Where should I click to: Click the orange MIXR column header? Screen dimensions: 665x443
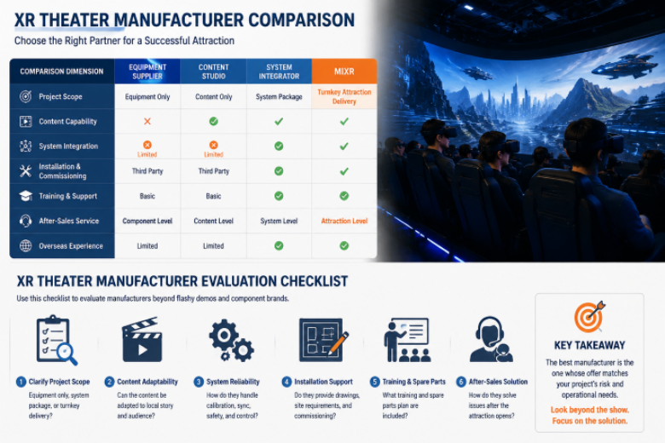click(x=344, y=72)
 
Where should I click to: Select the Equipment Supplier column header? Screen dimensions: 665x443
click(x=147, y=72)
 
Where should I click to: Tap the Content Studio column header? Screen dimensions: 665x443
click(x=213, y=72)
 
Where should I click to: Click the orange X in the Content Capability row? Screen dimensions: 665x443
click(x=147, y=121)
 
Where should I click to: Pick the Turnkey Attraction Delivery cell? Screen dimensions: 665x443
click(x=344, y=96)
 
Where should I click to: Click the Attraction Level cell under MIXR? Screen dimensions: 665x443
click(x=344, y=221)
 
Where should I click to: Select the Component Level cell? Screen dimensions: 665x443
click(x=147, y=221)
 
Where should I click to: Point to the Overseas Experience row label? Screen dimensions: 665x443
click(x=71, y=246)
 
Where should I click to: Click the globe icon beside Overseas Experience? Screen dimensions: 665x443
click(x=26, y=246)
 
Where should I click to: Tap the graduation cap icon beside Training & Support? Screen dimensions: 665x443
click(x=26, y=196)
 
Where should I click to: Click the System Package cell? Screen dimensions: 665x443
click(x=279, y=96)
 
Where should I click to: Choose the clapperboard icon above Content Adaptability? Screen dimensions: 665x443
click(x=142, y=340)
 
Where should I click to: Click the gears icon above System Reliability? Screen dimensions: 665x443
click(x=231, y=341)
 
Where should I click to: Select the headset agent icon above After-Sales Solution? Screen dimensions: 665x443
click(x=491, y=340)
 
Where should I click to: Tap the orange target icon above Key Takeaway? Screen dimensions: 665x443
click(x=589, y=317)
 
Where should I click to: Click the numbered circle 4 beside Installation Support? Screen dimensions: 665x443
click(x=286, y=382)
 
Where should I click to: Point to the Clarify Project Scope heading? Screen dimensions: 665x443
click(x=59, y=382)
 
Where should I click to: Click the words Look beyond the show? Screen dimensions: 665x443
click(x=589, y=410)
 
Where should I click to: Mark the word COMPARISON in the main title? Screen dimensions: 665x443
click(x=301, y=20)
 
